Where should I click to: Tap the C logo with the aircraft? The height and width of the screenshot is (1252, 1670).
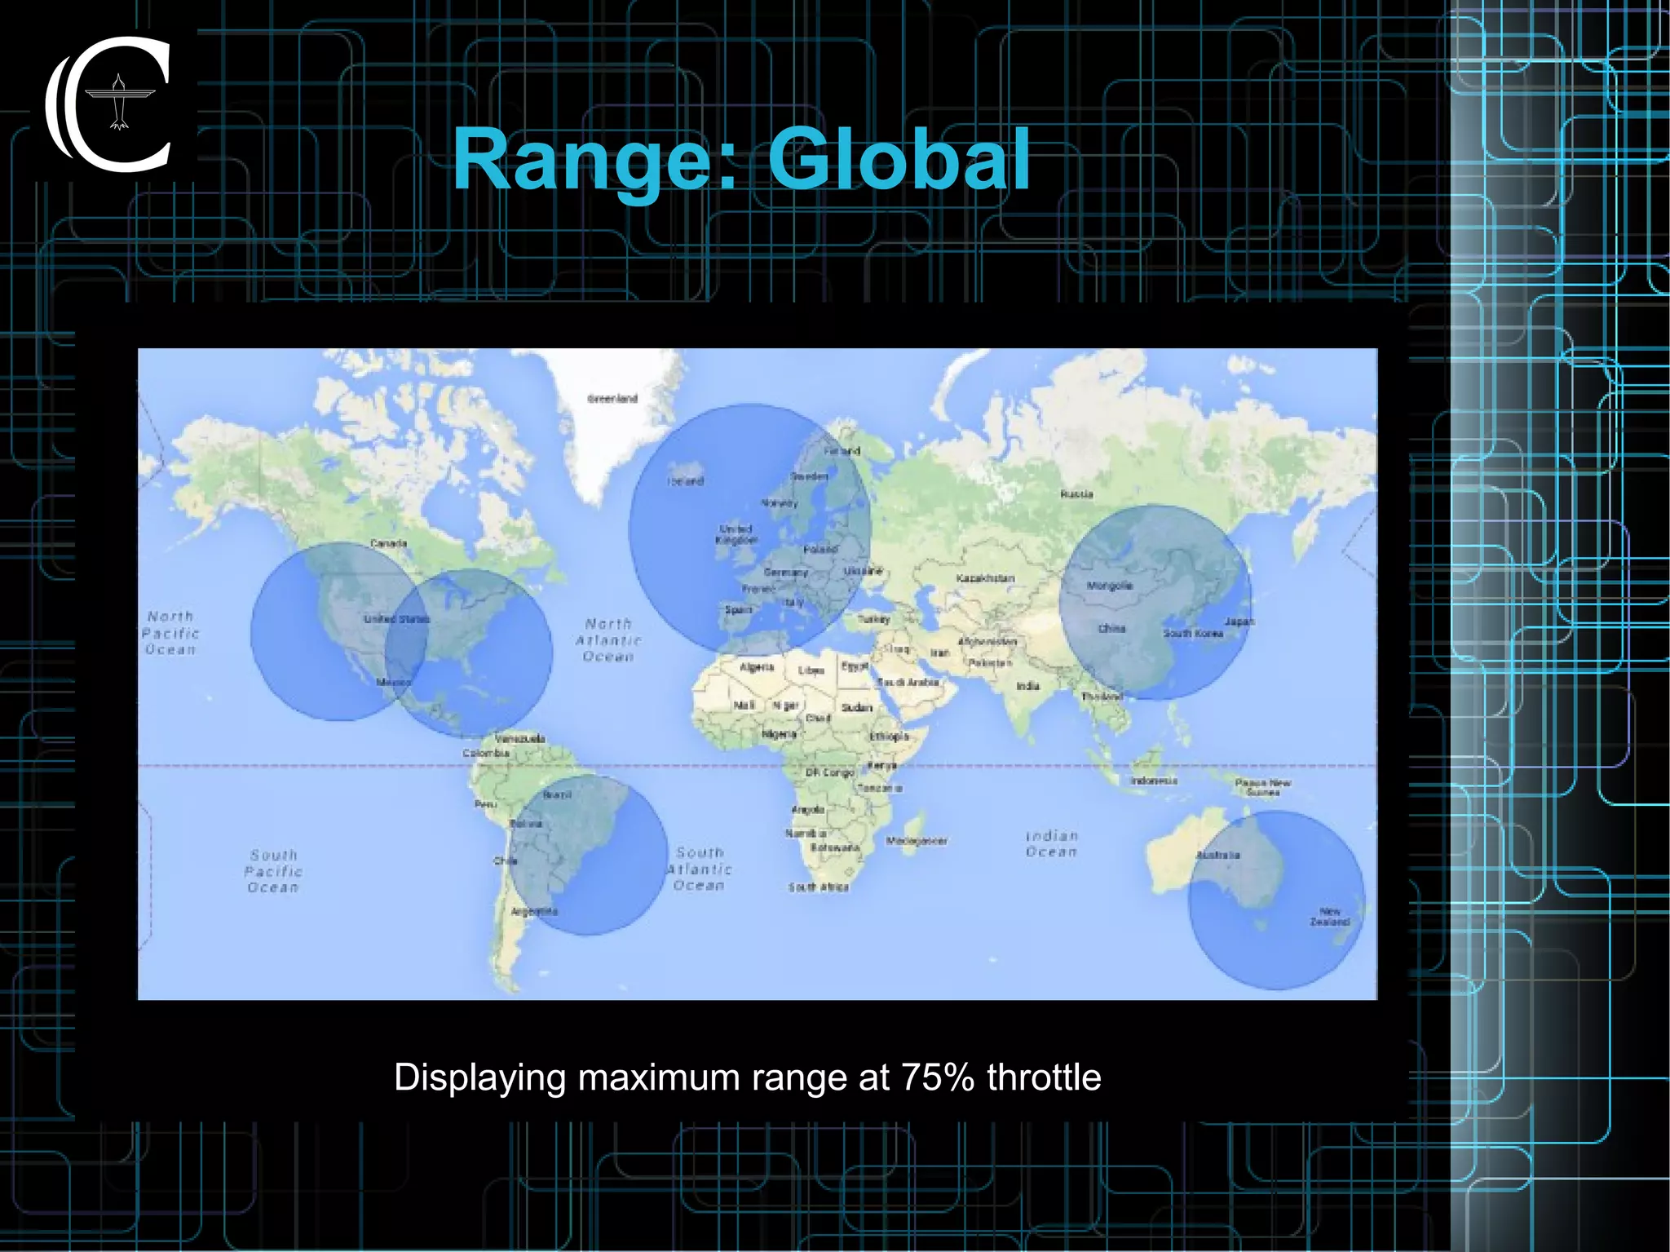110,104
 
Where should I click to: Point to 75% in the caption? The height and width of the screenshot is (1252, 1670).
938,1077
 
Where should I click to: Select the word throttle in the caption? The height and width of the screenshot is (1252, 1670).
1044,1077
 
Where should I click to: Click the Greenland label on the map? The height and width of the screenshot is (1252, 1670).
612,399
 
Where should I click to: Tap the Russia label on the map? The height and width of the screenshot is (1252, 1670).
1076,494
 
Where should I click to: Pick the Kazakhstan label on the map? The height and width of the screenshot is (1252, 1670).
985,578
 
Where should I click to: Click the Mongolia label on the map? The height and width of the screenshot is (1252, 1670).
1110,586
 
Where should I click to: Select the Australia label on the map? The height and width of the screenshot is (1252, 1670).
1217,856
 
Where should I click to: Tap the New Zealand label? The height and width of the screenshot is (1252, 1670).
1330,917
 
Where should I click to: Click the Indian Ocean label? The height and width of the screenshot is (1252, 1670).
1052,843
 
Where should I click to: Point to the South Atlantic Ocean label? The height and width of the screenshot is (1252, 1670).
700,869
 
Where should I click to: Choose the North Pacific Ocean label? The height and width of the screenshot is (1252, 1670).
170,633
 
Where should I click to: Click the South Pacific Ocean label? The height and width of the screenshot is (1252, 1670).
273,871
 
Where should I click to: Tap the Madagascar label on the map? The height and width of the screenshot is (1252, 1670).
917,841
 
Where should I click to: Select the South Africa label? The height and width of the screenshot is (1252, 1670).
818,887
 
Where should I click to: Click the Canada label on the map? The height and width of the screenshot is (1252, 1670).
388,543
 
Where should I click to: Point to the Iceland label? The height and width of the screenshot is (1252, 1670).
685,481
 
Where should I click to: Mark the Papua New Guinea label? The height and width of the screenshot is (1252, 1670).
1262,787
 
